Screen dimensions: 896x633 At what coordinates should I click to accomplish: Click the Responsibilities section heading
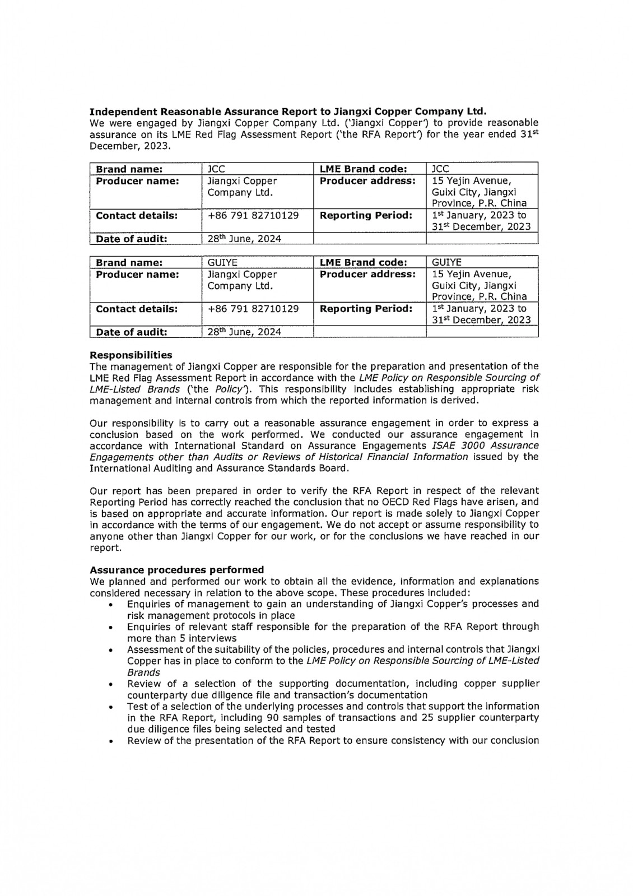click(x=131, y=355)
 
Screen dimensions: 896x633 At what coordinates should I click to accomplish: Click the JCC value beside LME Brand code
click(x=440, y=169)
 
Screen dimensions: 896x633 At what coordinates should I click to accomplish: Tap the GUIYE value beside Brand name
click(x=222, y=262)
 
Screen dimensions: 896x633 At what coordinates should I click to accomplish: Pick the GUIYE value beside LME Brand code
click(x=447, y=262)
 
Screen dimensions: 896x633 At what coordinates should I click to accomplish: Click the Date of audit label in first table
click(x=132, y=239)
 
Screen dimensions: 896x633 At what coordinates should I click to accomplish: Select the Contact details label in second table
click(x=137, y=309)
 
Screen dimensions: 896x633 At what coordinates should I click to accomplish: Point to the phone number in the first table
click(x=253, y=215)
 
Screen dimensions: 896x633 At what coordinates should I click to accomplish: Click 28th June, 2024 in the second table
click(x=244, y=332)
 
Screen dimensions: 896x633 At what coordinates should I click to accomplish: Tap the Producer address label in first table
click(x=367, y=181)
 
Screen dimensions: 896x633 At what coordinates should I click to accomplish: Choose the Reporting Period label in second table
click(x=366, y=309)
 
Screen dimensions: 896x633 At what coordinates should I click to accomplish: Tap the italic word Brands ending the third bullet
click(x=143, y=672)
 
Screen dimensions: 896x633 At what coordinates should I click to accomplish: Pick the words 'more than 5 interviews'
click(x=181, y=638)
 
